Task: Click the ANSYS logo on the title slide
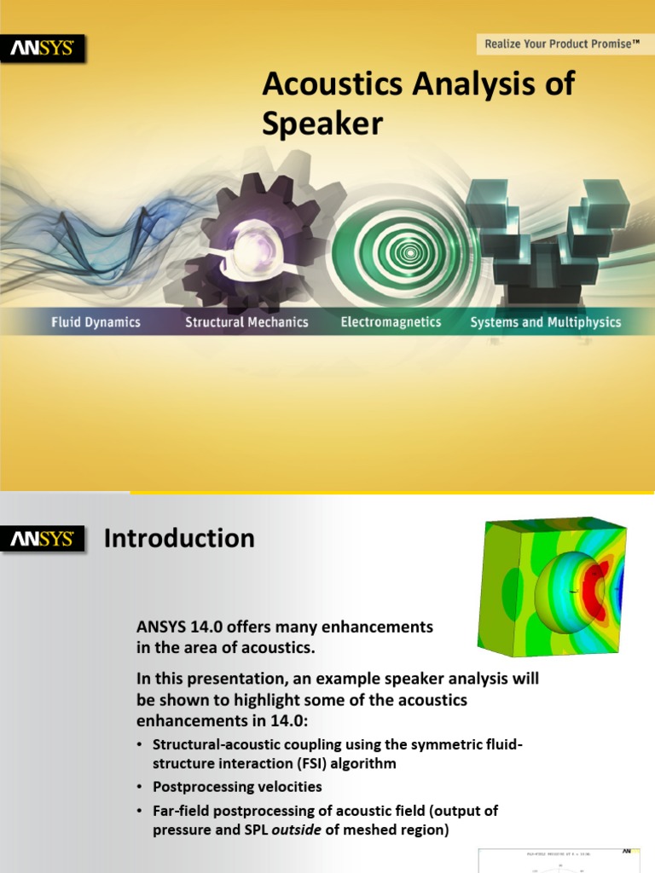tap(43, 49)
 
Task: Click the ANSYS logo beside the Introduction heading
tap(43, 539)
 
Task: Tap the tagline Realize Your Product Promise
tap(562, 43)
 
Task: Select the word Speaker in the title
tap(322, 124)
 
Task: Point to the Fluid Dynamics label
tap(96, 322)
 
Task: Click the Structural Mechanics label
tap(246, 322)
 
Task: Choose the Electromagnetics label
tap(391, 322)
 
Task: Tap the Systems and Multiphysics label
tap(545, 322)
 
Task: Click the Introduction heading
tap(179, 539)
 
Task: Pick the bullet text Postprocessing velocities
tap(237, 786)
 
